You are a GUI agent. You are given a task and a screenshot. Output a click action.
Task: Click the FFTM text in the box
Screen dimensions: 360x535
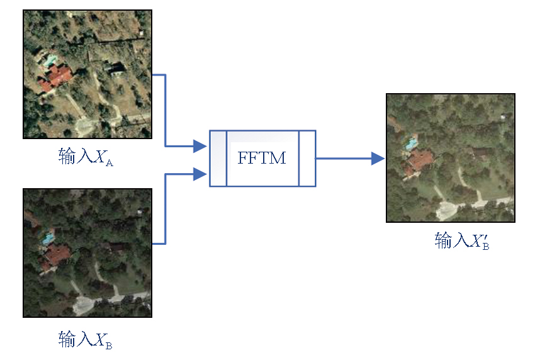pyautogui.click(x=261, y=157)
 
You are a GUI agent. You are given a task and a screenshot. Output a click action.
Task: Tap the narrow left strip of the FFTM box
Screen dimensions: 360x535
pyautogui.click(x=218, y=158)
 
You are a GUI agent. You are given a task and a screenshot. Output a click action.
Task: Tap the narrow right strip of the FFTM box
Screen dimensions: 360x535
pyautogui.click(x=307, y=158)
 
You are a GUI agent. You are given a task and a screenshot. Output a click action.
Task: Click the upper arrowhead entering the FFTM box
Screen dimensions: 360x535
pyautogui.click(x=200, y=147)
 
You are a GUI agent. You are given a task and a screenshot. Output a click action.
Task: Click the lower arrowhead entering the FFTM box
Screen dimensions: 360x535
pyautogui.click(x=200, y=173)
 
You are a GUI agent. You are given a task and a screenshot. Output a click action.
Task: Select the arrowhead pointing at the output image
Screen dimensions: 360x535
pyautogui.click(x=378, y=159)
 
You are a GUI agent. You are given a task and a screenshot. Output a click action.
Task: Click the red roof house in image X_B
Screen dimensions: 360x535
pyautogui.click(x=56, y=256)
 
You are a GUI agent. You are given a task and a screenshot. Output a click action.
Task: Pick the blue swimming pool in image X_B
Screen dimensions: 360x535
pyautogui.click(x=47, y=238)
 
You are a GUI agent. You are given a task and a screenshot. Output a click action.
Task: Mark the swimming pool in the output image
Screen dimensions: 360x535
pyautogui.click(x=410, y=143)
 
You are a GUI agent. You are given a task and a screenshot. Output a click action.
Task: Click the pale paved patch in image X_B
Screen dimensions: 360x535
pyautogui.click(x=84, y=306)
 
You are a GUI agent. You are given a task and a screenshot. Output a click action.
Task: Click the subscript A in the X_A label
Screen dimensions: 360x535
pyautogui.click(x=108, y=162)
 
